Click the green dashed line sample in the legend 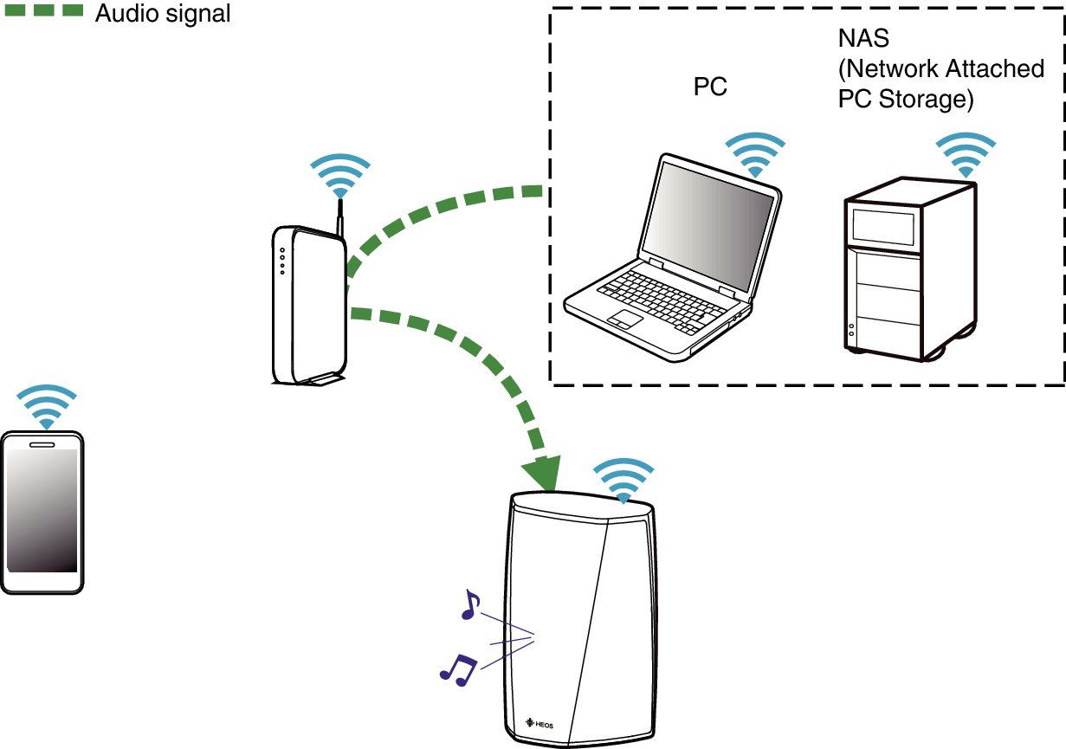[44, 10]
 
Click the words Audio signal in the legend [163, 13]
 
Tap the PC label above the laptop [710, 87]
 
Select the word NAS [863, 38]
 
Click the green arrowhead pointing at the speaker [542, 473]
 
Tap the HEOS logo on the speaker [539, 724]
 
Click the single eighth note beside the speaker [470, 604]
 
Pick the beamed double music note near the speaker [458, 670]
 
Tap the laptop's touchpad [625, 319]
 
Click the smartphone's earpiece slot [42, 445]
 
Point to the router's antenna [340, 218]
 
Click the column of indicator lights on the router [282, 261]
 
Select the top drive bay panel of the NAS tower [883, 227]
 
